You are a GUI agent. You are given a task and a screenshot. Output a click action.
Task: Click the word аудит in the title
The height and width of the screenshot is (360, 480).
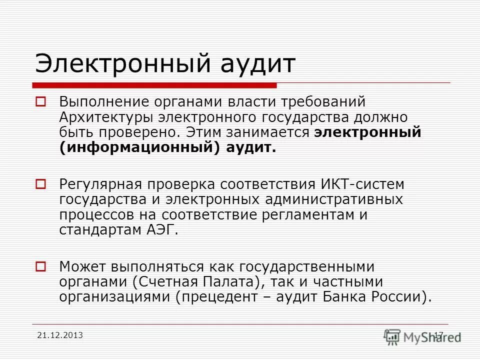(x=259, y=63)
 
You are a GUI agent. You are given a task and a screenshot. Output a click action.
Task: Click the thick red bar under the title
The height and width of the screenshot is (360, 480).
(x=155, y=85)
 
